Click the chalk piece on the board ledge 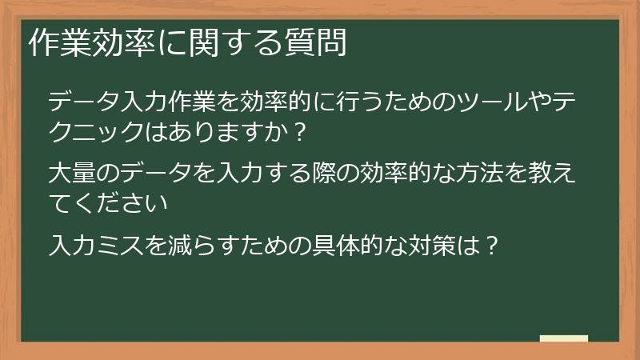tap(563, 338)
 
